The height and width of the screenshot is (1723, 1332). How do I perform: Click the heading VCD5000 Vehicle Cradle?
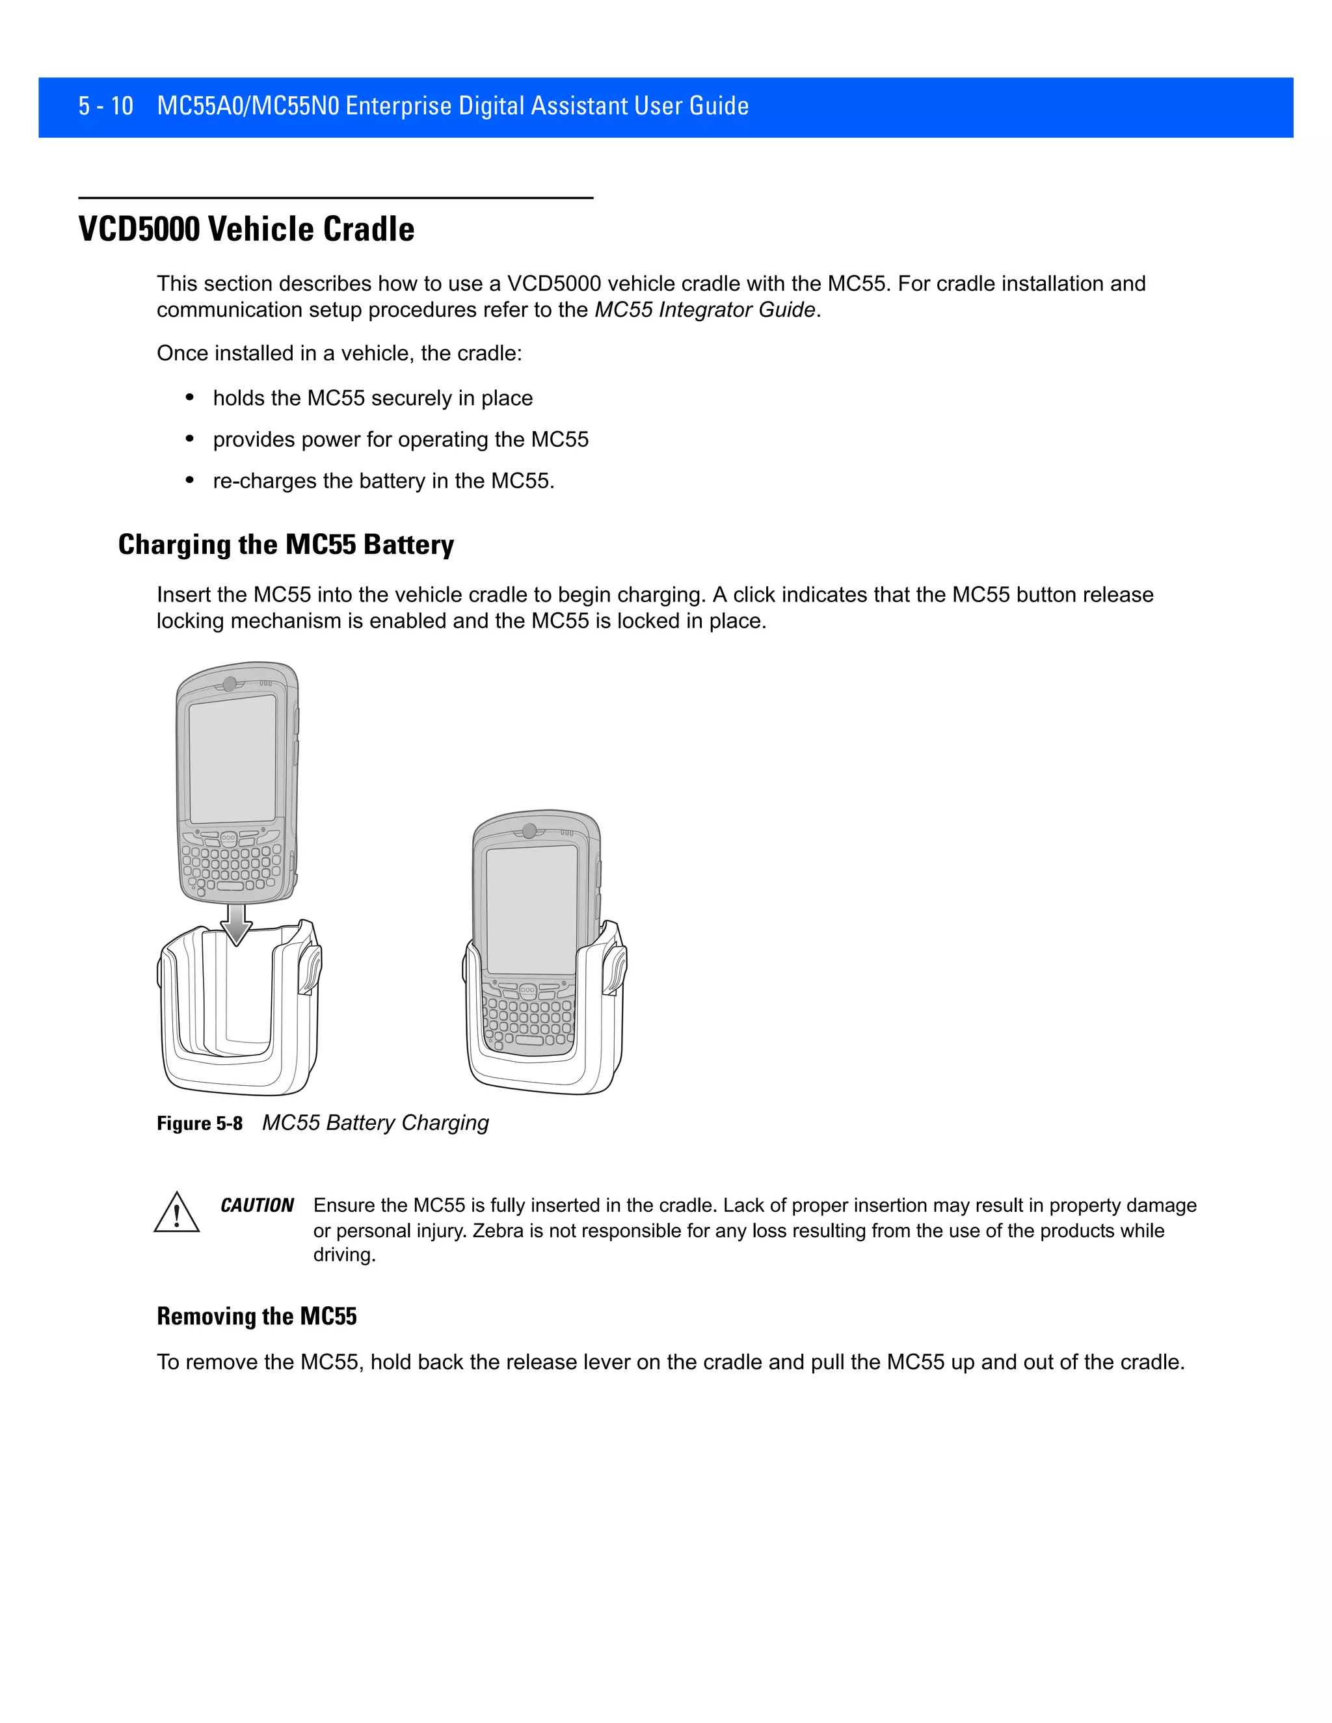coord(246,230)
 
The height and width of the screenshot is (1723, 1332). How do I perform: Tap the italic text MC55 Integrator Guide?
coord(704,310)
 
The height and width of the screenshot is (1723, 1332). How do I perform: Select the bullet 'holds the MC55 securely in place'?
coord(373,399)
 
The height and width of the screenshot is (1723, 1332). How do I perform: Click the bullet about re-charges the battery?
coord(384,481)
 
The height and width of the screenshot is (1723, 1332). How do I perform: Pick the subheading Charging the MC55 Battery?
coord(286,545)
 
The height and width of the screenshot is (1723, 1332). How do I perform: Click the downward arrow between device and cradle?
coord(236,925)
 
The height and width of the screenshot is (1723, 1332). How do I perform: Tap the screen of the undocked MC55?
coord(232,759)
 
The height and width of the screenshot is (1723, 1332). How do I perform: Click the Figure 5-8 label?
coord(200,1124)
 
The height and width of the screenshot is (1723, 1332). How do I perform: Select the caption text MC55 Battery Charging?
coord(376,1123)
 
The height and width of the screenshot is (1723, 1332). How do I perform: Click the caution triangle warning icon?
coord(176,1214)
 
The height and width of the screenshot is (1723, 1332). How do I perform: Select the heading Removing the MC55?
coord(256,1317)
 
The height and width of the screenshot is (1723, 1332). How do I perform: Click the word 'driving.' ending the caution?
coord(344,1255)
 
